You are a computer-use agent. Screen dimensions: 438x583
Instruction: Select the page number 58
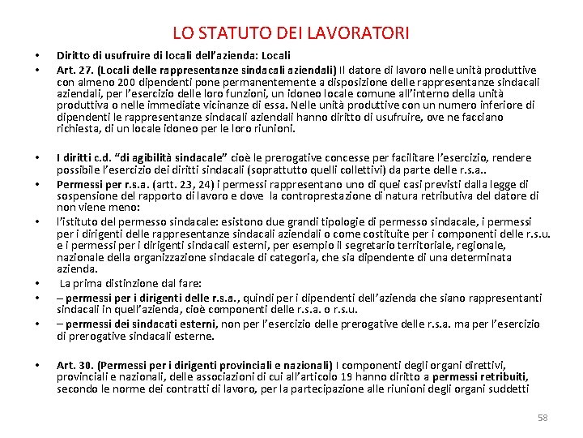tap(543, 418)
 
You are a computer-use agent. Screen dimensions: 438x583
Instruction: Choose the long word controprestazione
tap(320, 195)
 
